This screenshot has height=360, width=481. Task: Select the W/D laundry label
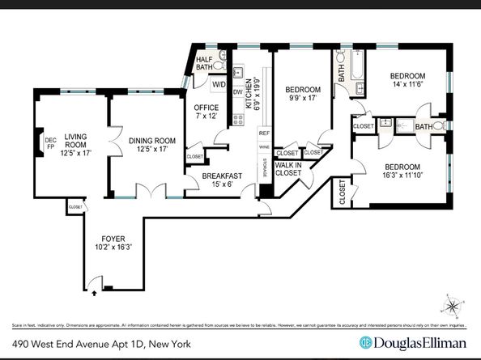219,84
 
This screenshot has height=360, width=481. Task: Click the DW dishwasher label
237,91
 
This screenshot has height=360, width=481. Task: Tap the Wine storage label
264,148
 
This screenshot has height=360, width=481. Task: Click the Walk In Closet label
289,168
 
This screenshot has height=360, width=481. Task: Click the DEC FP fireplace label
49,142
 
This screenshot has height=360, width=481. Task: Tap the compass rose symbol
453,307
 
